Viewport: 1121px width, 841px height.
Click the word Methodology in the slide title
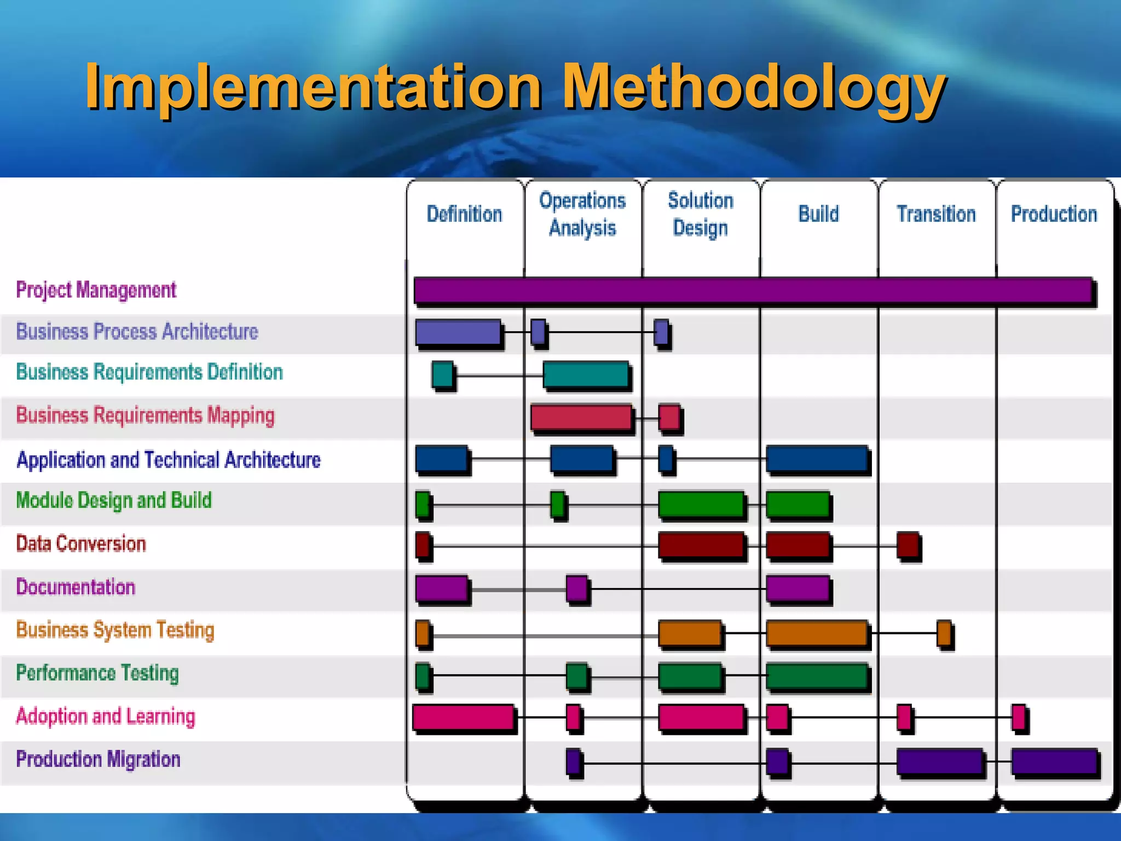[754, 88]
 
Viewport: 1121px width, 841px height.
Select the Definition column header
[464, 214]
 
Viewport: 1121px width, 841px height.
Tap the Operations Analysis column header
[582, 214]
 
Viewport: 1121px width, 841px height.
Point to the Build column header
[818, 214]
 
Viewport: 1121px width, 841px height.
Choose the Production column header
[1054, 214]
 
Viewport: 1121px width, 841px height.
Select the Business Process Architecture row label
[137, 332]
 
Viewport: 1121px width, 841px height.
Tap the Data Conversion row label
[81, 544]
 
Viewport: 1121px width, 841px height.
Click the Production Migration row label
[98, 759]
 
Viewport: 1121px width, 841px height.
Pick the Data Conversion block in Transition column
[908, 545]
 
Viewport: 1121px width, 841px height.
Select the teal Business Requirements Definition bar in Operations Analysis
[586, 375]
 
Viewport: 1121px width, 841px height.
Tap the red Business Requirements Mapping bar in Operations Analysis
[581, 417]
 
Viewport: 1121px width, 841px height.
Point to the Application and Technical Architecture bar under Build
[817, 459]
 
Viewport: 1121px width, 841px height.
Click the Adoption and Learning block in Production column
[1018, 717]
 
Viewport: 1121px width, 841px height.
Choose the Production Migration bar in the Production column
[1054, 762]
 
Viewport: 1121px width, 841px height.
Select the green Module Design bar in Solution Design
[701, 504]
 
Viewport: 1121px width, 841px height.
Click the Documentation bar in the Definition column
[441, 589]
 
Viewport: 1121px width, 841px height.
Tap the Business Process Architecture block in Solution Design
[661, 332]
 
